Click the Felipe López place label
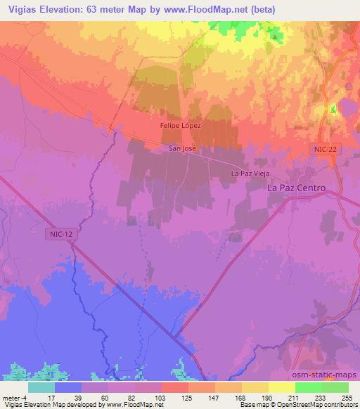180,125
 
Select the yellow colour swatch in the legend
282,387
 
